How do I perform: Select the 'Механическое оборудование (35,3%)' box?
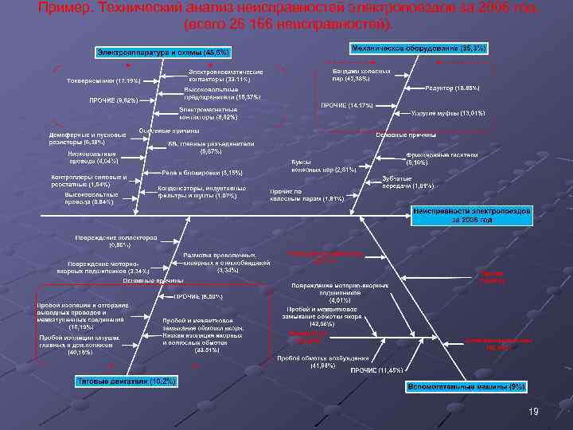tap(419, 49)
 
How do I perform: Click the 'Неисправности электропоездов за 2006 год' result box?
tap(466, 214)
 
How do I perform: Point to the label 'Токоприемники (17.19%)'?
tap(94, 81)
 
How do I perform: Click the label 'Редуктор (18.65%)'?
tap(453, 87)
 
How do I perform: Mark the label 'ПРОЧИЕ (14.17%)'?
tap(346, 105)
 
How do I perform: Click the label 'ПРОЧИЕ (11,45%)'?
tap(378, 370)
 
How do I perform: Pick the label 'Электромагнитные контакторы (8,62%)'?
tap(208, 112)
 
